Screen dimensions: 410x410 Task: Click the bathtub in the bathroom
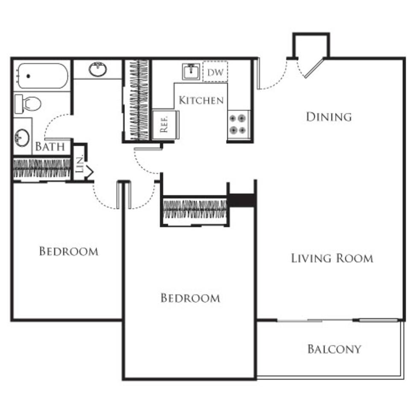click(x=42, y=76)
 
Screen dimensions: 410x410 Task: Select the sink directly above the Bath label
click(x=22, y=137)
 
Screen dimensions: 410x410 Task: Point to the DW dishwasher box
click(x=215, y=72)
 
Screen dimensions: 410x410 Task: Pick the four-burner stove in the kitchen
click(x=238, y=123)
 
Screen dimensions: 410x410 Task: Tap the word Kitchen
click(x=201, y=100)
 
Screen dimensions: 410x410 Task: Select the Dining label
click(x=328, y=117)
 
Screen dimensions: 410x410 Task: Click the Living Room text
click(x=332, y=258)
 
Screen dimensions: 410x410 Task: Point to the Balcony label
click(x=334, y=349)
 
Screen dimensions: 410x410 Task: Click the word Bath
click(x=50, y=147)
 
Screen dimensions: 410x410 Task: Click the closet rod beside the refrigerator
click(x=139, y=100)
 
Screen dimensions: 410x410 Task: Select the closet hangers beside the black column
click(x=195, y=209)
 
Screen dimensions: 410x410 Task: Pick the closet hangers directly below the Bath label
click(x=41, y=168)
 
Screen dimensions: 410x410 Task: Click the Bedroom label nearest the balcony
click(x=190, y=298)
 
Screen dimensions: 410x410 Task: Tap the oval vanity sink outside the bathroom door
click(x=98, y=69)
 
